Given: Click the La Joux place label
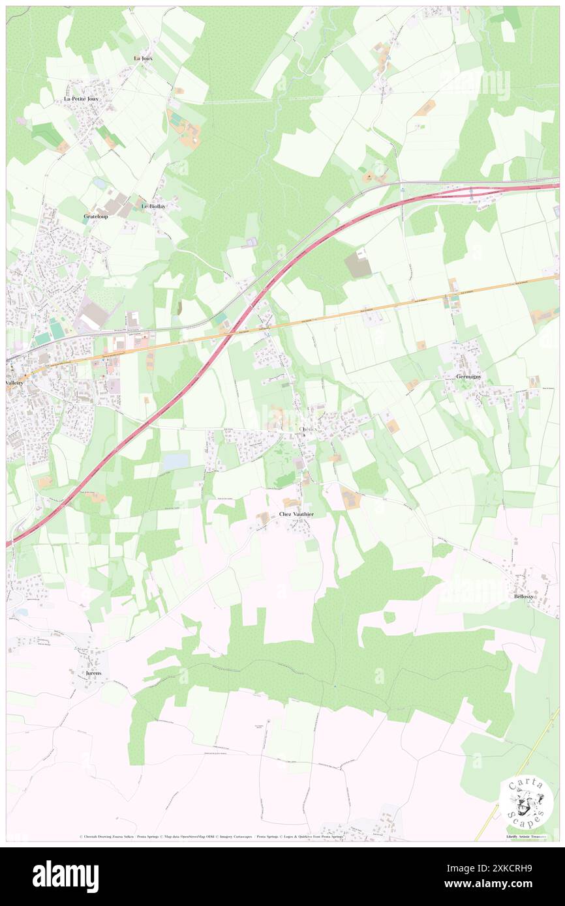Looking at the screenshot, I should pyautogui.click(x=143, y=58).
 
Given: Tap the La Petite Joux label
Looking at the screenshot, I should pyautogui.click(x=81, y=98).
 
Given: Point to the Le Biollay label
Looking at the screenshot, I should pyautogui.click(x=153, y=207).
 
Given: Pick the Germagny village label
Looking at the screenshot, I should pyautogui.click(x=468, y=376).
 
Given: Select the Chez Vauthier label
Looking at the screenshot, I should pyautogui.click(x=296, y=514).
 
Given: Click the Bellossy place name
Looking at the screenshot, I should pyautogui.click(x=523, y=596).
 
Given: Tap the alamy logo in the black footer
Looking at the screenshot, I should pyautogui.click(x=65, y=876).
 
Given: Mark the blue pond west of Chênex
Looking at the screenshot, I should pyautogui.click(x=176, y=461).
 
